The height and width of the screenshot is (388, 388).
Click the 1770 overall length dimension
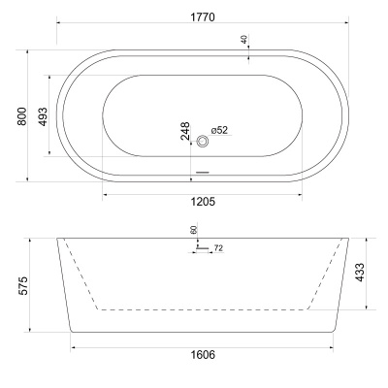pyautogui.click(x=202, y=17)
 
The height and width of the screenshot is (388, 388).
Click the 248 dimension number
pyautogui.click(x=185, y=131)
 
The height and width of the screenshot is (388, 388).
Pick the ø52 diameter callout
pyautogui.click(x=218, y=131)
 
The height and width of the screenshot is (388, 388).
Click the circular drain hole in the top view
pyautogui.click(x=203, y=142)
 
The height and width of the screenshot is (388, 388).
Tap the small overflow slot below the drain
pyautogui.click(x=203, y=173)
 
